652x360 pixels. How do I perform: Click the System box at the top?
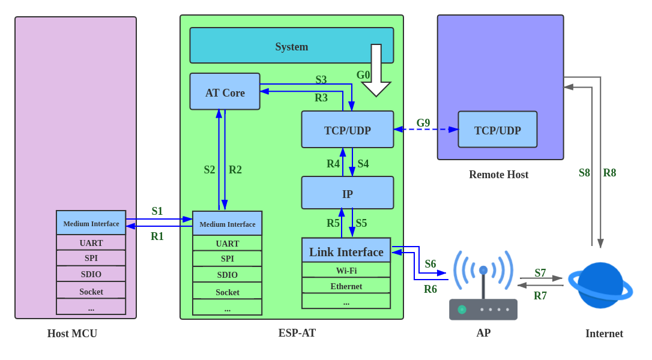291,46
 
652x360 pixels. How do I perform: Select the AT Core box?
225,92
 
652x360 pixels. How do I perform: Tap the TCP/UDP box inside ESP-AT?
347,130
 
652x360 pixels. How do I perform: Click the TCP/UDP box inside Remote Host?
497,130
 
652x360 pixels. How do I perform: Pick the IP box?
347,193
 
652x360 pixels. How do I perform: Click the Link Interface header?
346,251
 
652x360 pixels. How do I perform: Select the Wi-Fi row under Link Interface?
346,270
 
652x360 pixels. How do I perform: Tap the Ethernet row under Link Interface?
346,286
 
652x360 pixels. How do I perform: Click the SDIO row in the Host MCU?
91,274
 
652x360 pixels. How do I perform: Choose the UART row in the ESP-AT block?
227,243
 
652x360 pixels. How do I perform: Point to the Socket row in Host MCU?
91,291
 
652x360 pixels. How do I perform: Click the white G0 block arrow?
376,71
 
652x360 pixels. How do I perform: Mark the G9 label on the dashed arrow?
423,123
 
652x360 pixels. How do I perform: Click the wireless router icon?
483,288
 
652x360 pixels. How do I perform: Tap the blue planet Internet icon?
600,286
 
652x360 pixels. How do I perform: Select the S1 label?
157,211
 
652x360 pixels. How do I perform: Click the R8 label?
609,173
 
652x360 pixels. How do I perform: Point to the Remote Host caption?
498,175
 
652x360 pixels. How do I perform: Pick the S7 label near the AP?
540,273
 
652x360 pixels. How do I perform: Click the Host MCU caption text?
72,334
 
